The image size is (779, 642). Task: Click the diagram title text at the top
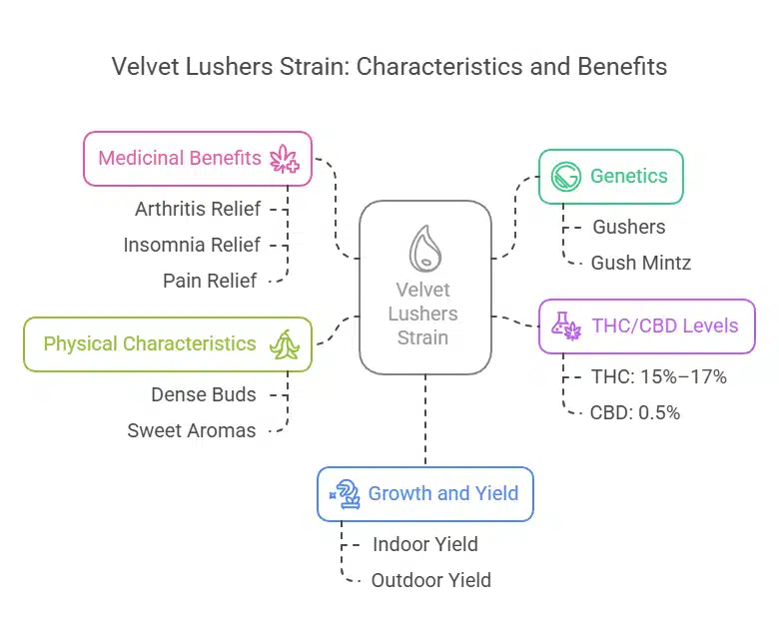389,67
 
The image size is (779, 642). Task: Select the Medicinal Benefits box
197,158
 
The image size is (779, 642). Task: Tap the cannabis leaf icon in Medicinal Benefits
284,159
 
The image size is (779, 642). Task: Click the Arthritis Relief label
198,209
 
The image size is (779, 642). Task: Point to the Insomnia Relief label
192,245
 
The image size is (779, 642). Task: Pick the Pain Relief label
210,281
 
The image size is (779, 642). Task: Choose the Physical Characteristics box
168,343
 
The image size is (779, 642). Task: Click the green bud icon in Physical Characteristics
284,344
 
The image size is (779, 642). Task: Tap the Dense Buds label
204,394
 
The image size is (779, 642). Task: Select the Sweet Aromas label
192,430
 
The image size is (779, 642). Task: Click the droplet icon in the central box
424,247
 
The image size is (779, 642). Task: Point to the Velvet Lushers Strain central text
424,313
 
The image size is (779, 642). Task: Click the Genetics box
611,177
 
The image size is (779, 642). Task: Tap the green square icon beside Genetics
567,177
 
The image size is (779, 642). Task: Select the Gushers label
628,227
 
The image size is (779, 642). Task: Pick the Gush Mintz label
640,263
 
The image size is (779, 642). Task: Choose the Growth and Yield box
425,493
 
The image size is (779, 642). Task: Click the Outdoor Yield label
430,580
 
